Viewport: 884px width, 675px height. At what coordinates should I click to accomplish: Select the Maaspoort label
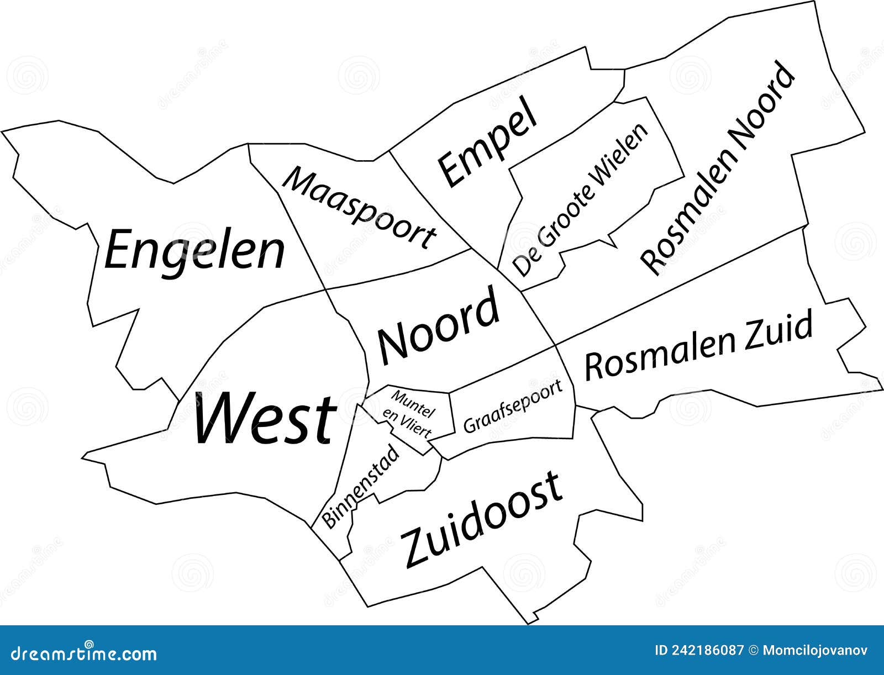[x=358, y=208]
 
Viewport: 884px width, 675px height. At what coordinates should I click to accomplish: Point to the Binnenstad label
[x=360, y=487]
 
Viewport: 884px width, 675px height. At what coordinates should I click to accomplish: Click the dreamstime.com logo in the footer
[x=79, y=653]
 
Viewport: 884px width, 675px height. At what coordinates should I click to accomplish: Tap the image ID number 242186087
[x=709, y=650]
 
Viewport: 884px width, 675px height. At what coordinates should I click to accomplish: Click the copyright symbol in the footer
[x=752, y=650]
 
